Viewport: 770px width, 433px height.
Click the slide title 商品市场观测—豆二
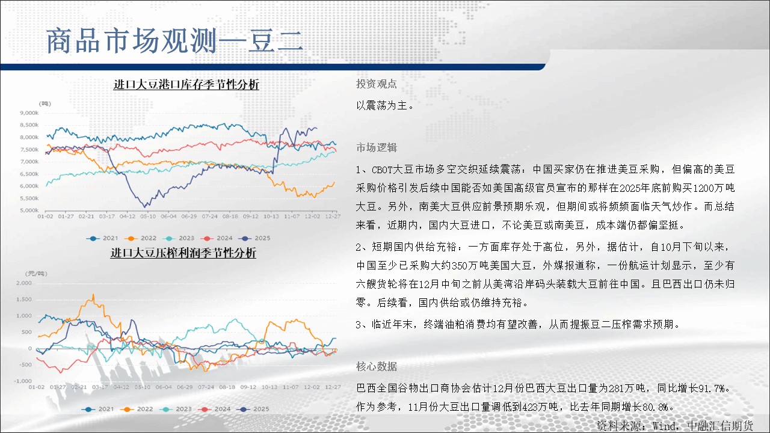[x=174, y=41]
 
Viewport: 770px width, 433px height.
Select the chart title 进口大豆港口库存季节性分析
[x=186, y=85]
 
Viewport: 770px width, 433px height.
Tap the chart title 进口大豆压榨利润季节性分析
[x=183, y=253]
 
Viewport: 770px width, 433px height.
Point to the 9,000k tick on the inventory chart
[x=29, y=113]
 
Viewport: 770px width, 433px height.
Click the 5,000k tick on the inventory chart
[x=29, y=210]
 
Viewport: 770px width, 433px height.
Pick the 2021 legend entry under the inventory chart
[x=102, y=238]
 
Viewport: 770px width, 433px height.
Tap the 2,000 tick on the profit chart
[x=24, y=283]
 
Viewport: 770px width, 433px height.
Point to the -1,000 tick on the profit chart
[x=23, y=381]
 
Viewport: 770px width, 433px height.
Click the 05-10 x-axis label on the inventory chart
[x=148, y=216]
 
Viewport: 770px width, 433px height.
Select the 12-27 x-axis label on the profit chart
[x=333, y=387]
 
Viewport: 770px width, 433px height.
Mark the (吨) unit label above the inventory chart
[x=45, y=104]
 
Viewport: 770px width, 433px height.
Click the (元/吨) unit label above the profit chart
[x=36, y=274]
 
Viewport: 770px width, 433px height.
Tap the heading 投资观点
[x=377, y=84]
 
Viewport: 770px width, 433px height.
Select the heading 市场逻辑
[x=377, y=148]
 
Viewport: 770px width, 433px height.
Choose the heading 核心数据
[x=377, y=367]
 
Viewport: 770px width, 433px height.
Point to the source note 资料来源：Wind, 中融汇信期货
[x=675, y=426]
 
